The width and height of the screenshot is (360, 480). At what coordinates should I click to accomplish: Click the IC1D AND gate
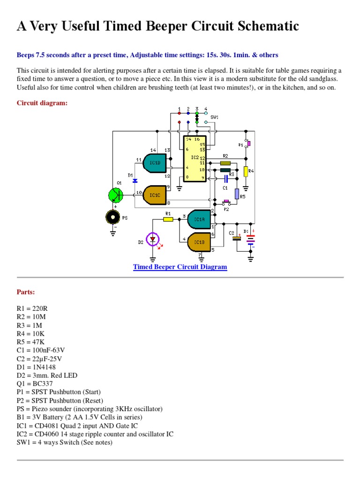(154, 163)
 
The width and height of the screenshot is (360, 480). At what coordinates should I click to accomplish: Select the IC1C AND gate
(154, 195)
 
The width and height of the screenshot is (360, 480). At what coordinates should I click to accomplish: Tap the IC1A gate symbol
(198, 218)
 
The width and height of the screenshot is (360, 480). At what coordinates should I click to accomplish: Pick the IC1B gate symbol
(198, 242)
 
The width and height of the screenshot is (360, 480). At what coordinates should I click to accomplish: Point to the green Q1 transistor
(115, 195)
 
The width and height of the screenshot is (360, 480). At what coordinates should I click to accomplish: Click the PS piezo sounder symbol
(112, 217)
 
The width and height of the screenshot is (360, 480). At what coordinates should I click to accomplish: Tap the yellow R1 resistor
(168, 218)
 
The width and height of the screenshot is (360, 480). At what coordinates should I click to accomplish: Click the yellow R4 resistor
(245, 172)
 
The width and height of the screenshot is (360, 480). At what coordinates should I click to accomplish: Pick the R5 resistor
(237, 193)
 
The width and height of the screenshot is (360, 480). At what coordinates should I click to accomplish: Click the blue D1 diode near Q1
(135, 180)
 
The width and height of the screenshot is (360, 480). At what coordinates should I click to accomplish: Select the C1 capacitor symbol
(226, 179)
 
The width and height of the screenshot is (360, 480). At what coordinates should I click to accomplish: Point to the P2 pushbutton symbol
(226, 203)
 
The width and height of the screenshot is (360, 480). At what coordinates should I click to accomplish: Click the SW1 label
(214, 117)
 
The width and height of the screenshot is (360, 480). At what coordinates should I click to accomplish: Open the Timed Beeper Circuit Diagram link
(180, 267)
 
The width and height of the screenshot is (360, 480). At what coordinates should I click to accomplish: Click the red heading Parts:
(26, 292)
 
